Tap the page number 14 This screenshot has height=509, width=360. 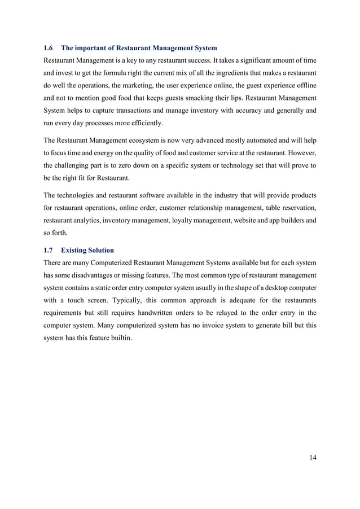click(x=312, y=457)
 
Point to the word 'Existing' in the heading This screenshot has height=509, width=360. click(x=76, y=249)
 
